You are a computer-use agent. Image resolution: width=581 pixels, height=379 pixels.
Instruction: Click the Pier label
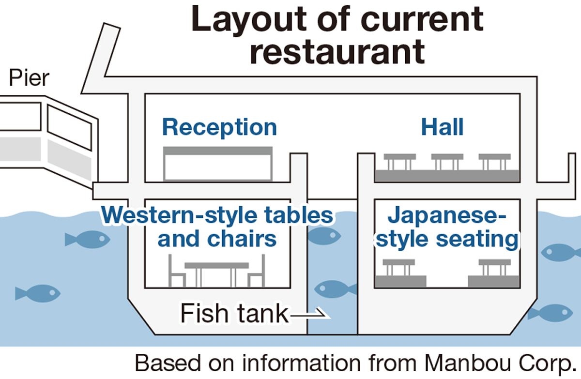tap(30, 78)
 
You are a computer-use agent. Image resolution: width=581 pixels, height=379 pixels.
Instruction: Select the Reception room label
tap(219, 127)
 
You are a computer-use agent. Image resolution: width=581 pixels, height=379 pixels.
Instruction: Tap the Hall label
tap(442, 127)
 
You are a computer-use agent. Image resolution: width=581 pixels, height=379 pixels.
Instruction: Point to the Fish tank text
tap(234, 314)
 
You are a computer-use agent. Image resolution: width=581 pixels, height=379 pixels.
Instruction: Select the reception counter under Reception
tap(218, 164)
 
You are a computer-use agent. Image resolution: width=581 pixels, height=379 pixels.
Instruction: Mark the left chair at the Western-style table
tap(177, 272)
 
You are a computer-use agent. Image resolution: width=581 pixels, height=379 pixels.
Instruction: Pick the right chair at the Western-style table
tap(256, 272)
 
